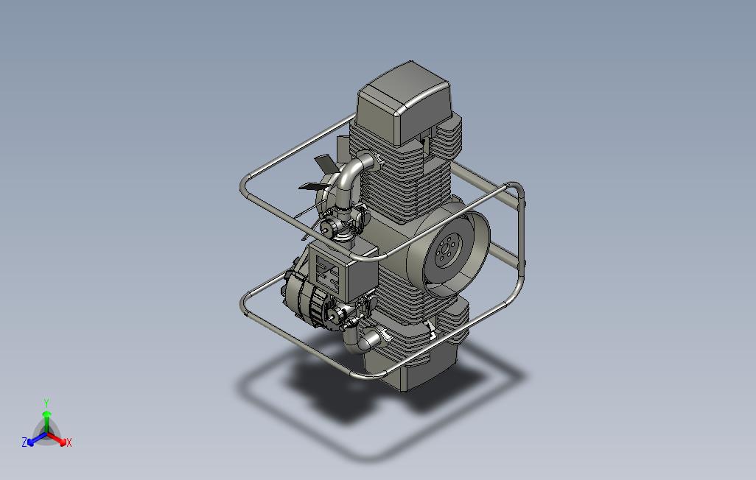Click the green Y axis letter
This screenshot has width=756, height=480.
46,403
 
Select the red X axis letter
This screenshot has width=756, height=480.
69,442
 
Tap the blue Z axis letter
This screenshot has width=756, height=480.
24,442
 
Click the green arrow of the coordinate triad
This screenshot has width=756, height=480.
46,420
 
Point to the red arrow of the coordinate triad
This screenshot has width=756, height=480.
58,440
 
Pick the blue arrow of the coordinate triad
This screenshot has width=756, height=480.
35,440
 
